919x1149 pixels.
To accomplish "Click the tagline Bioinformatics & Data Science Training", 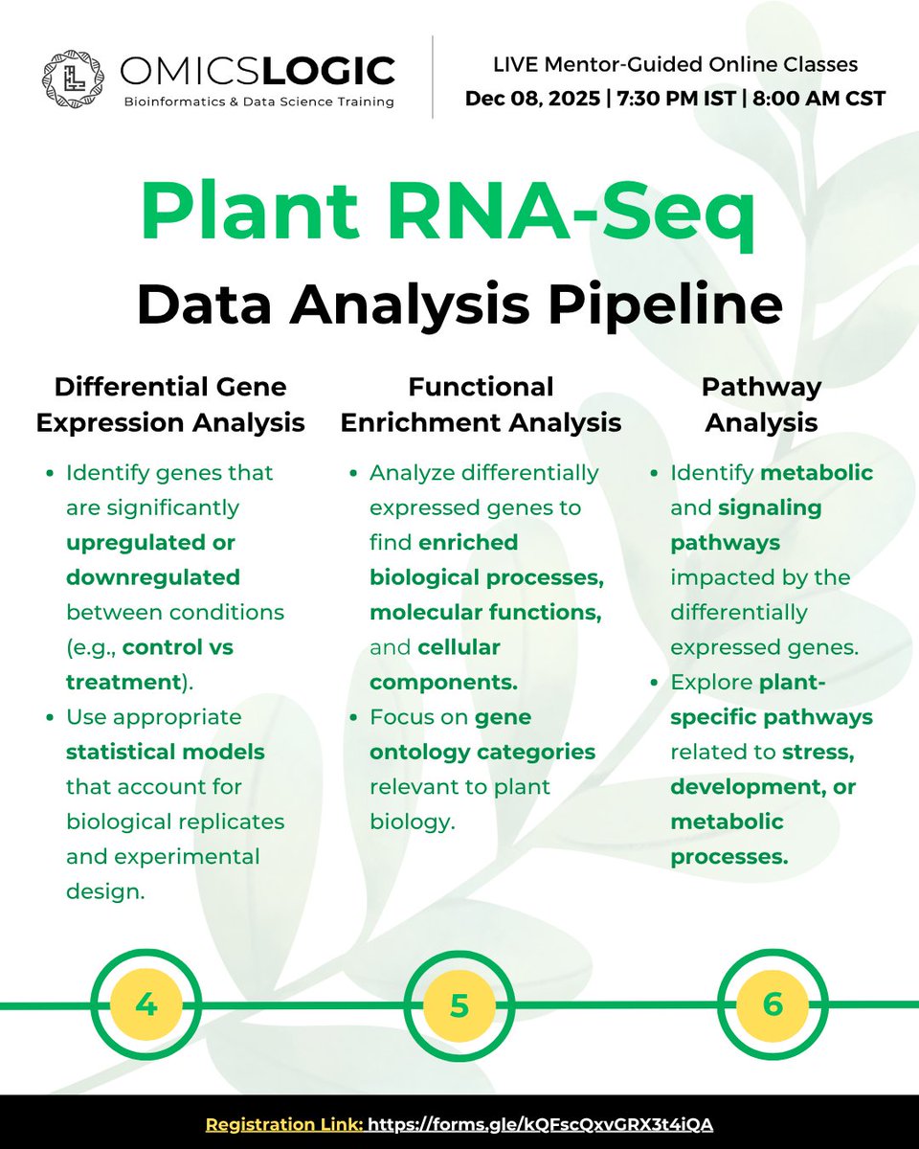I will coord(257,102).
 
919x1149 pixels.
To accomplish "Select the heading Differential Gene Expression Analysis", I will coord(170,404).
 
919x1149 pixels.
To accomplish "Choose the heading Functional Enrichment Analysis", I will coord(481,404).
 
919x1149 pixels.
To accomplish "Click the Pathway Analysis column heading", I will coord(761,404).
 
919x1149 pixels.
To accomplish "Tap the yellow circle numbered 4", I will coord(146,1005).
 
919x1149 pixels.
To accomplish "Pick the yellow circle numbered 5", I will coord(459,1005).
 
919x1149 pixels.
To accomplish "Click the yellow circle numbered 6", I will coord(773,1005).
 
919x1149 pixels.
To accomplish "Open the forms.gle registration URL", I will coord(540,1123).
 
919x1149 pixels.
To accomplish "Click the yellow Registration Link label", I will coord(284,1123).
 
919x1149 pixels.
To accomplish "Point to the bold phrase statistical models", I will coord(166,752).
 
